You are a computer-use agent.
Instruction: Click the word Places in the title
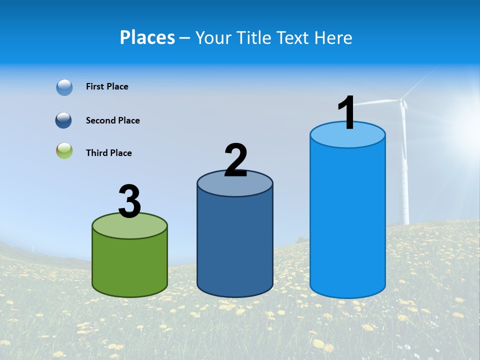point(147,37)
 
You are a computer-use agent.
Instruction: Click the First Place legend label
point(107,86)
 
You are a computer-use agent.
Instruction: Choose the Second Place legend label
point(112,120)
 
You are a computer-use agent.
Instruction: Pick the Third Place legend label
point(108,153)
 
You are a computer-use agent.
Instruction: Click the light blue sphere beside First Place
point(64,87)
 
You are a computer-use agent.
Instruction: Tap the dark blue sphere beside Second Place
point(64,120)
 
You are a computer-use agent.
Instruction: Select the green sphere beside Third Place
point(64,150)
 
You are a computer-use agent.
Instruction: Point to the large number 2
point(235,160)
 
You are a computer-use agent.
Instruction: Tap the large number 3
point(129,202)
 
